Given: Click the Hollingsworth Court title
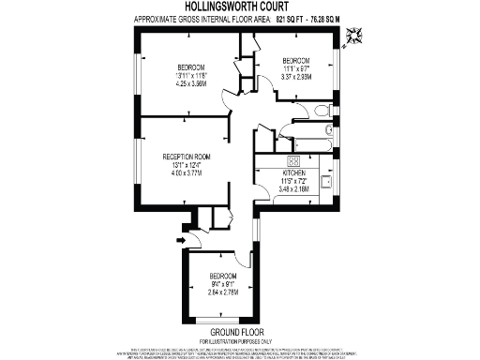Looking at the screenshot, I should (x=239, y=7).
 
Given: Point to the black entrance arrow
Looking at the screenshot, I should (x=180, y=239).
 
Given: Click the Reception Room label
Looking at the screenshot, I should (x=187, y=156).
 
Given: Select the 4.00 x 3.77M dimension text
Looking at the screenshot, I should (x=187, y=172).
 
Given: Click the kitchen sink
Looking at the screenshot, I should (x=329, y=180).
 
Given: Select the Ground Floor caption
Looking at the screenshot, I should (x=233, y=333).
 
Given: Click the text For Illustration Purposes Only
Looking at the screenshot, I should (x=233, y=341).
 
